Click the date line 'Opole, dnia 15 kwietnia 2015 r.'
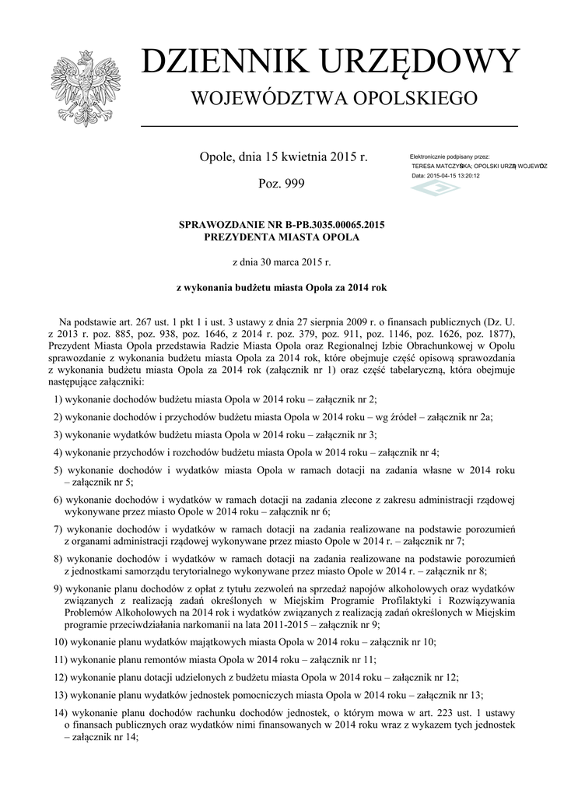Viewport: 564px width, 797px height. pos(282,157)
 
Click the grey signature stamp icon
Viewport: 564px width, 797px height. pos(436,188)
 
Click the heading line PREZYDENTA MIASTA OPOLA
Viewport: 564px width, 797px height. pos(282,237)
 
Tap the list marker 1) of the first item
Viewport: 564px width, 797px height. pos(59,398)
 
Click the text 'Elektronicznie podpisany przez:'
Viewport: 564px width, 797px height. pos(454,157)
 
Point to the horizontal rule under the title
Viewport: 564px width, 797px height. pos(329,125)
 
